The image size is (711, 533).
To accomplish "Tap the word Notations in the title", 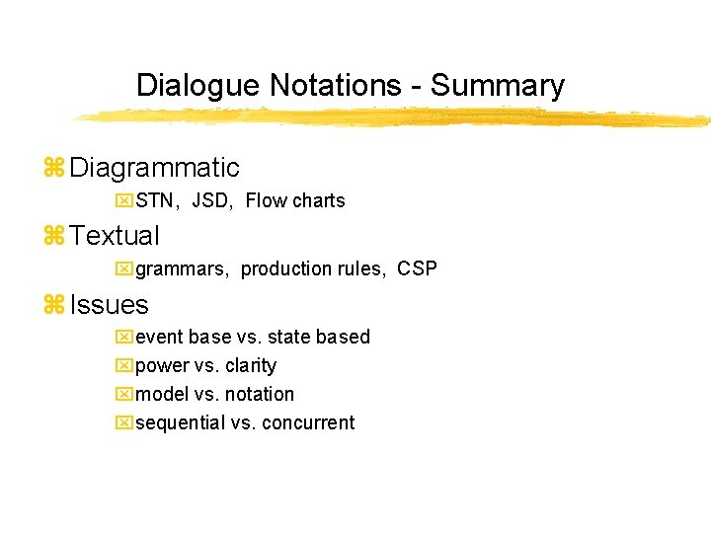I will click(336, 86).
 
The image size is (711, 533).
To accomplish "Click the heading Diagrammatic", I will click(155, 168).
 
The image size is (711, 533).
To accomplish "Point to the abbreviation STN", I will click(153, 201).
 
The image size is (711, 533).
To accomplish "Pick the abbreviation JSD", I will click(209, 201).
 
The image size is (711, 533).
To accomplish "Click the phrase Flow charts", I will click(295, 201).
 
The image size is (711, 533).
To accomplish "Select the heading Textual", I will click(115, 236).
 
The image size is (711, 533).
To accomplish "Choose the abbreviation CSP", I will click(418, 269).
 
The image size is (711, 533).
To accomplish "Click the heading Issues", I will click(110, 305).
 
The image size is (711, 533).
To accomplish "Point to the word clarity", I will click(251, 366).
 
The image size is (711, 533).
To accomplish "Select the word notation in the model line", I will click(259, 395).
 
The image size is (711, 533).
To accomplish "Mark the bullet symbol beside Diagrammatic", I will click(55, 169).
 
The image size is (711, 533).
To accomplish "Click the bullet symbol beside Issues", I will click(55, 306).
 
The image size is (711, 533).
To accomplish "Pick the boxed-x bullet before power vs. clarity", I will click(123, 366).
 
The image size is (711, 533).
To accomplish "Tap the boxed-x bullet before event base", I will click(123, 338).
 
